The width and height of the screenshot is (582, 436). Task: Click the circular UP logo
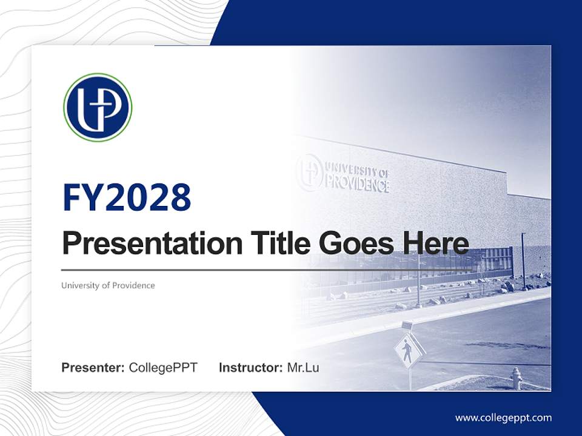(98, 107)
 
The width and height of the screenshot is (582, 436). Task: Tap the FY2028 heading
(127, 197)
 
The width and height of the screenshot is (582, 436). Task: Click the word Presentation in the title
(152, 243)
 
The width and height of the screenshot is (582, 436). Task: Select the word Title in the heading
(281, 243)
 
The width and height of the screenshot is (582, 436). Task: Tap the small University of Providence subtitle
(108, 285)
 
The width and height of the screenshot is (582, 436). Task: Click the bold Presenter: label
(93, 368)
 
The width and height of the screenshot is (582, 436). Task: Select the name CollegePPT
(163, 368)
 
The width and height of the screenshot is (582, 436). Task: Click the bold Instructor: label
(251, 368)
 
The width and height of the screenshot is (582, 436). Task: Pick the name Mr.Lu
(303, 368)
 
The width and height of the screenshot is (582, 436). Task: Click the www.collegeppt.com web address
(503, 418)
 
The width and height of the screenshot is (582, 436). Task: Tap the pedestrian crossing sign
(408, 351)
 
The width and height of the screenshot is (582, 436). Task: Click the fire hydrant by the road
(517, 378)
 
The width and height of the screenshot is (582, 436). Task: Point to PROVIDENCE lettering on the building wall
(358, 184)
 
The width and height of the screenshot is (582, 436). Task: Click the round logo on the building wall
(309, 172)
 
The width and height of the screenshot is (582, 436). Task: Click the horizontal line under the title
(267, 270)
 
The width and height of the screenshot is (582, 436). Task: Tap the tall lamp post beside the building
(523, 260)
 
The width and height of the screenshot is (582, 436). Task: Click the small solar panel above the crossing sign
(407, 325)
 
